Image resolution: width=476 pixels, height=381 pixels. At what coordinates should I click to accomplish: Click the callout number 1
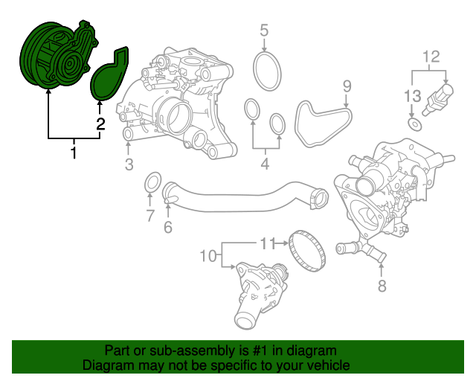pyautogui.click(x=73, y=153)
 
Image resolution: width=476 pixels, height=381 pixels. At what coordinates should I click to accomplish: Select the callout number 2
pyautogui.click(x=100, y=124)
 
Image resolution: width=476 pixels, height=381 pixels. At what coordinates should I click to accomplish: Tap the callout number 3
pyautogui.click(x=129, y=164)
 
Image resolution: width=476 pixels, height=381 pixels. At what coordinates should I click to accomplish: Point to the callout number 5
pyautogui.click(x=264, y=31)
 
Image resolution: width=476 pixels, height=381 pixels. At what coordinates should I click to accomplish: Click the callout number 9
pyautogui.click(x=347, y=86)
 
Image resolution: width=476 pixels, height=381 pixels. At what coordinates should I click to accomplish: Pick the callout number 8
pyautogui.click(x=382, y=286)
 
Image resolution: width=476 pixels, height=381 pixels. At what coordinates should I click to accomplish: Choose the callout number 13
pyautogui.click(x=413, y=96)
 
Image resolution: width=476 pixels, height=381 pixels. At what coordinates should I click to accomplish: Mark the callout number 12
pyautogui.click(x=431, y=57)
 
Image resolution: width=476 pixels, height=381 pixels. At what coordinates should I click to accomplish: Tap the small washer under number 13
pyautogui.click(x=414, y=124)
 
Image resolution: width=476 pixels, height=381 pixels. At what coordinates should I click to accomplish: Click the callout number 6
pyautogui.click(x=168, y=227)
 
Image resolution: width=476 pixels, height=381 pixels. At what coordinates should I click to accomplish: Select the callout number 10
pyautogui.click(x=208, y=256)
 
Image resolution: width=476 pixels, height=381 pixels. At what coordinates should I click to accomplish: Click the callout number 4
pyautogui.click(x=265, y=164)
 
